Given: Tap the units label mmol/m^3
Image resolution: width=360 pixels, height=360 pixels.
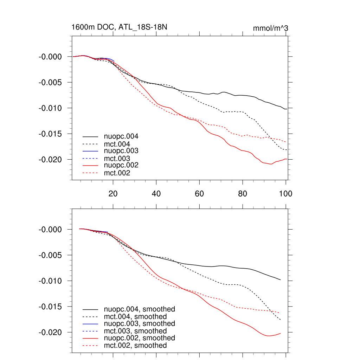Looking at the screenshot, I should [x=270, y=28].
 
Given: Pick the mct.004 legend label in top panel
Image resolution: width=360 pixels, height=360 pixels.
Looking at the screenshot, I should [x=117, y=144].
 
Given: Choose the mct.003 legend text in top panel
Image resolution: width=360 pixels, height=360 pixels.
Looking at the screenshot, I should [x=117, y=158].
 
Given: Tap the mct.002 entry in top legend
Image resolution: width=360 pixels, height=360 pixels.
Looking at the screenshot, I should [x=117, y=173].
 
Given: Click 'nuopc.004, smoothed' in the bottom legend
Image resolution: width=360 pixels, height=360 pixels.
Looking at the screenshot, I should [x=139, y=309].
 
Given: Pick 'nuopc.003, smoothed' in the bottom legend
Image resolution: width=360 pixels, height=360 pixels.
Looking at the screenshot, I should [x=139, y=323].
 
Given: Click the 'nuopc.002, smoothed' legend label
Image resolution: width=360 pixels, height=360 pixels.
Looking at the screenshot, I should [x=139, y=338].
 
